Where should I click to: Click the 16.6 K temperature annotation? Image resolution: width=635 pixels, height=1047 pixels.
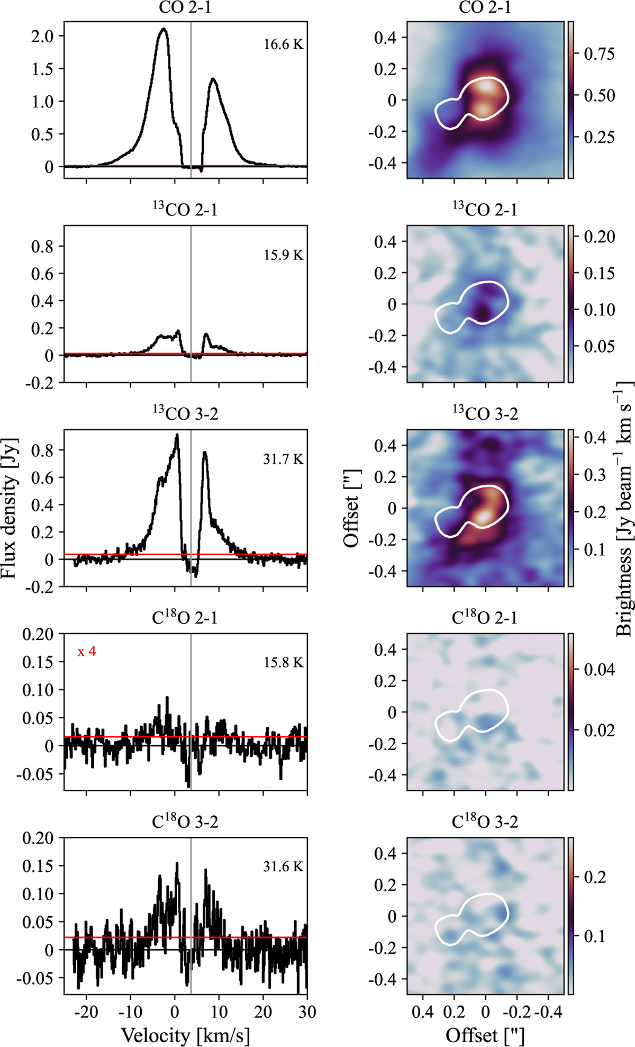(284, 44)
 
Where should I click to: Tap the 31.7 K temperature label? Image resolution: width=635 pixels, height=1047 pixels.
(284, 459)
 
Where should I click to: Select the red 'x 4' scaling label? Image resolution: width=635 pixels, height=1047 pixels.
(87, 652)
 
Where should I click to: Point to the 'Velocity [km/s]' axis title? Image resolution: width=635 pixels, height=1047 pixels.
(185, 1035)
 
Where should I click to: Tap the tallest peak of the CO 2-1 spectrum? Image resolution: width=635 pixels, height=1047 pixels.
(164, 30)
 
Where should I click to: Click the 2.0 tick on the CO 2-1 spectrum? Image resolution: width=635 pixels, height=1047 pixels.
(43, 36)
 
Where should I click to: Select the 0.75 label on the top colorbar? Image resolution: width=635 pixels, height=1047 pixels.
(599, 54)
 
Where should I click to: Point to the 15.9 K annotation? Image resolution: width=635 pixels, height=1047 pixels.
(284, 255)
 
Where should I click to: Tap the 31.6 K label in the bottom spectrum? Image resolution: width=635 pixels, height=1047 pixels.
(284, 867)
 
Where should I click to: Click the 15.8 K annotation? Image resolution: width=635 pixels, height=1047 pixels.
(284, 663)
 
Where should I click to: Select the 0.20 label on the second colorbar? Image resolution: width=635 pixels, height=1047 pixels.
(599, 237)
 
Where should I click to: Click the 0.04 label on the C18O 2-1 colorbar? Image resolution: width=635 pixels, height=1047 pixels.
(599, 670)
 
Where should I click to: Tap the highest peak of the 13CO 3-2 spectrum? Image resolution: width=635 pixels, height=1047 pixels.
(177, 436)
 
